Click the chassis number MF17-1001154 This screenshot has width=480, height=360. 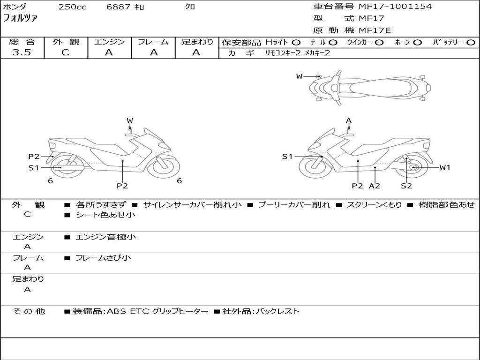[x=395, y=7]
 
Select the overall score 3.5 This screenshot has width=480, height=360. [x=22, y=52]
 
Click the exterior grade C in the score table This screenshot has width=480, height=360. [x=66, y=52]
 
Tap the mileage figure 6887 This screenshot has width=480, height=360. [x=118, y=7]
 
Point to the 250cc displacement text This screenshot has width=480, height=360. [x=73, y=7]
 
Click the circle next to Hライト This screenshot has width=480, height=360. [x=296, y=43]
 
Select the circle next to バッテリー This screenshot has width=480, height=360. [x=471, y=43]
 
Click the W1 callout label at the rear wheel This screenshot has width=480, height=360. [x=445, y=167]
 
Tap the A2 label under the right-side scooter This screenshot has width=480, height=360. [x=375, y=186]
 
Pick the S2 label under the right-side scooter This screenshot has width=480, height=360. [x=406, y=186]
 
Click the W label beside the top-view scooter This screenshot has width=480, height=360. [x=300, y=76]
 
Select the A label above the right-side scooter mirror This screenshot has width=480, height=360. [x=349, y=120]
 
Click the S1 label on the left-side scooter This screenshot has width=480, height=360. [x=34, y=168]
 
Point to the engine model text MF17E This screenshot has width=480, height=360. [x=375, y=30]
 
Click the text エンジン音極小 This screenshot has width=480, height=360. [x=105, y=237]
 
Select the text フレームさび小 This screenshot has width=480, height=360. [x=103, y=258]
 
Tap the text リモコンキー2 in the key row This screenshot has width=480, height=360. [x=283, y=53]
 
